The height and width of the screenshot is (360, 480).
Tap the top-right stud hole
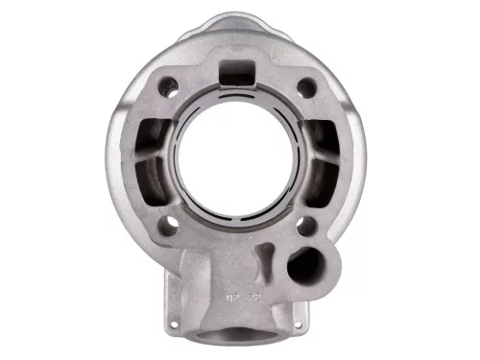[305, 87]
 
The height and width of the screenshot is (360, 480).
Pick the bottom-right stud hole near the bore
[306, 228]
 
